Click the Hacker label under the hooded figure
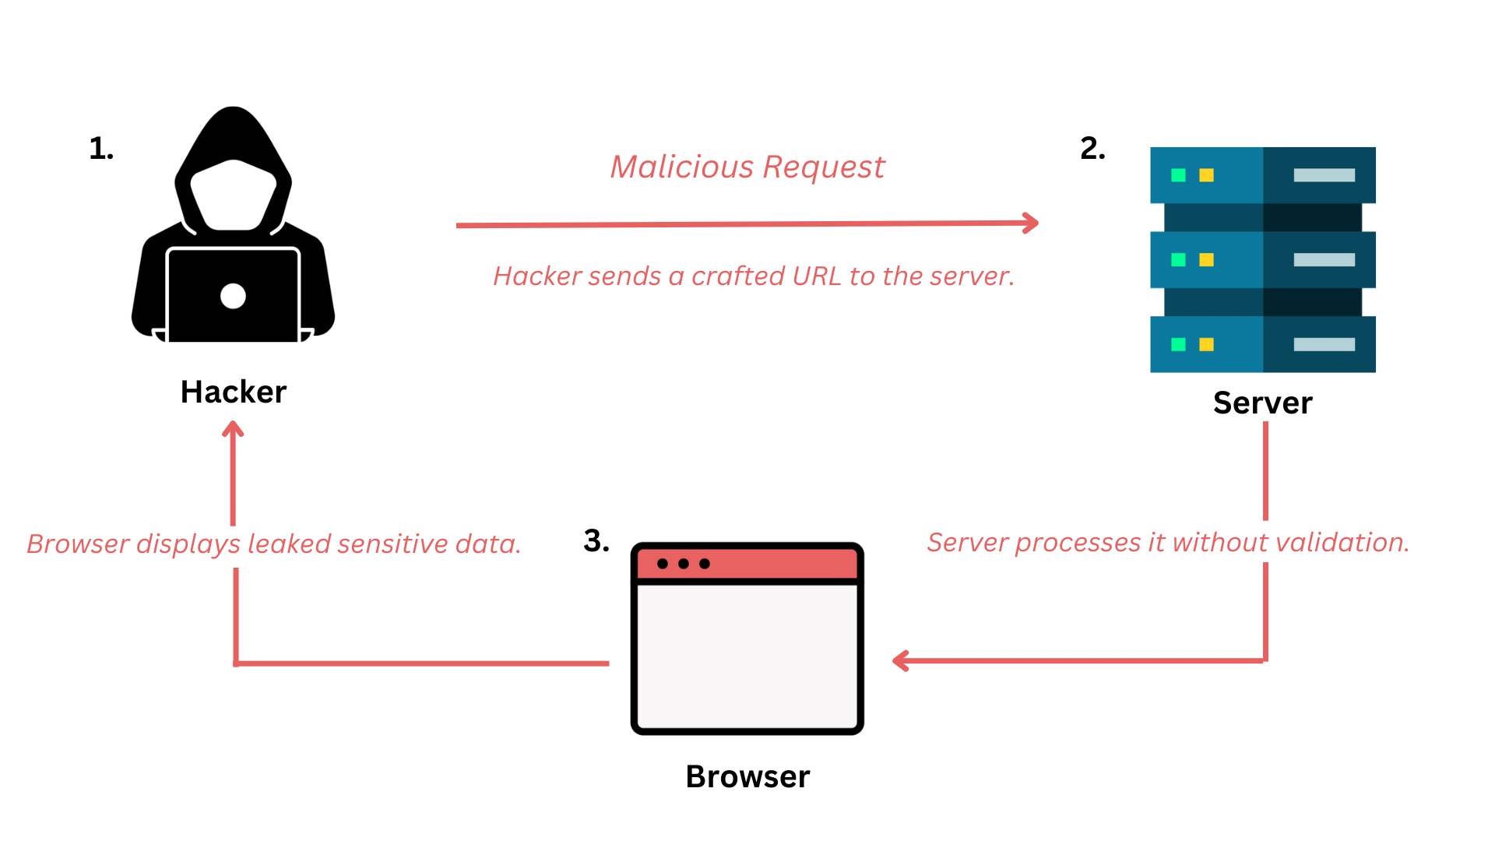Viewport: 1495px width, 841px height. click(233, 392)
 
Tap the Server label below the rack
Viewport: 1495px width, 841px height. click(1262, 403)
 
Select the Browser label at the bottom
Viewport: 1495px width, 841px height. click(747, 776)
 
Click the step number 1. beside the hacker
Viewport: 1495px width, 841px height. click(101, 148)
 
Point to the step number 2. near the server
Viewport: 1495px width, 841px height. click(1092, 148)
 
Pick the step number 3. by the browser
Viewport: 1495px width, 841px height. click(596, 540)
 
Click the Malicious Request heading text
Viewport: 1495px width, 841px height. click(747, 167)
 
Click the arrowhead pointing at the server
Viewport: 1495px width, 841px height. click(1032, 223)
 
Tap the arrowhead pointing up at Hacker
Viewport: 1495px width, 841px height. click(233, 429)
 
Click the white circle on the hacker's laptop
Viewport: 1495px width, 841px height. click(233, 296)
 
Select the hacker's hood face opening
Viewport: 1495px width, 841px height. click(233, 195)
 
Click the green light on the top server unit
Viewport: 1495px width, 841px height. click(1178, 175)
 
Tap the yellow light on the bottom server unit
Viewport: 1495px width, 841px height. click(1206, 344)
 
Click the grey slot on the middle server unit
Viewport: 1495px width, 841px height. click(1324, 260)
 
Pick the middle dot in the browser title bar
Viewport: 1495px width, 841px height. click(683, 564)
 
